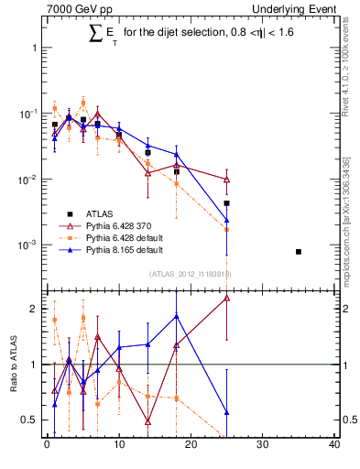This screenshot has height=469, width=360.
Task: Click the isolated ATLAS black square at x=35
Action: tap(299, 251)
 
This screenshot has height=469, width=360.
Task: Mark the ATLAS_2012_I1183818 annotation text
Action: tap(190, 273)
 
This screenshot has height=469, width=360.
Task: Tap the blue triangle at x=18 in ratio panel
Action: tap(177, 316)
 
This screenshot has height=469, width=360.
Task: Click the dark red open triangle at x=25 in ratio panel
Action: tap(226, 298)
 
